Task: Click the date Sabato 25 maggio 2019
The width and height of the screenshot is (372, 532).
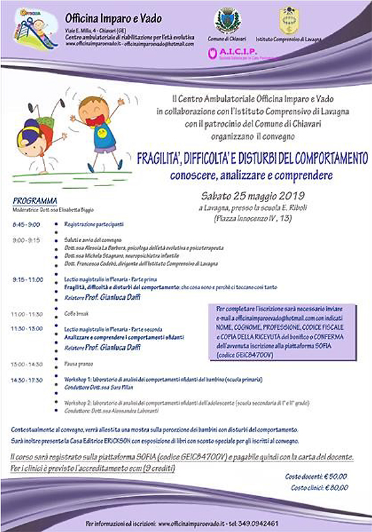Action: click(252, 196)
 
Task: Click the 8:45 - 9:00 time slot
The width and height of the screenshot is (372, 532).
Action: click(25, 225)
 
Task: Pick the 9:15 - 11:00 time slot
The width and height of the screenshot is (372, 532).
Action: click(27, 279)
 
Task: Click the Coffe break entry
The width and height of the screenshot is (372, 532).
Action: click(76, 313)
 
